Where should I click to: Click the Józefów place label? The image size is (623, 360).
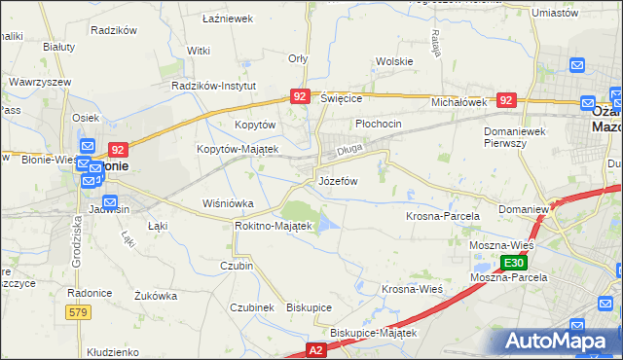point(338,182)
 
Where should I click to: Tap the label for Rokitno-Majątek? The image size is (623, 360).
point(274,226)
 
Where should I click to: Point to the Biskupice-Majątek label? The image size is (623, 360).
point(373,333)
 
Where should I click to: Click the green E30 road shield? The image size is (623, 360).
point(514,263)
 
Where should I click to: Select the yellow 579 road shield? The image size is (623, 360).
point(80,311)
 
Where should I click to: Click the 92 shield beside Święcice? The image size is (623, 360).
point(300,96)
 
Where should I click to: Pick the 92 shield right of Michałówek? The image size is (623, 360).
point(505,100)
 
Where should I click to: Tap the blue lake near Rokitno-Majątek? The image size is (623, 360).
point(328,226)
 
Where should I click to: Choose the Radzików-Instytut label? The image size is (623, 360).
point(213,86)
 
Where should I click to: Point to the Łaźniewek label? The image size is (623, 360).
point(227,18)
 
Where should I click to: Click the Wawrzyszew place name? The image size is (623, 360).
point(39,82)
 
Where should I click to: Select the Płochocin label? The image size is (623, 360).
point(378,125)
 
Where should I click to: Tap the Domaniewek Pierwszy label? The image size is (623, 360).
point(518,135)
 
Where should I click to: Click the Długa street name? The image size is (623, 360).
point(348,151)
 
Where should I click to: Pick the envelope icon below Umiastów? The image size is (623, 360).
point(576,66)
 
